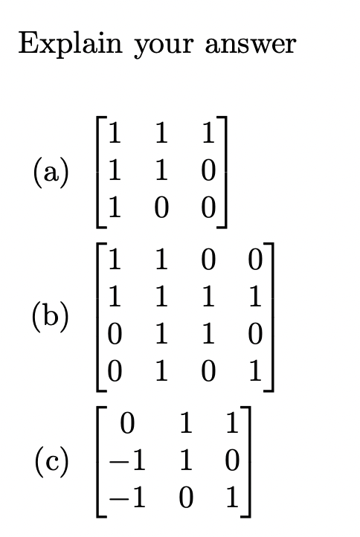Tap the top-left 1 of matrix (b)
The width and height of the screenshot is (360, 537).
113,263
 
